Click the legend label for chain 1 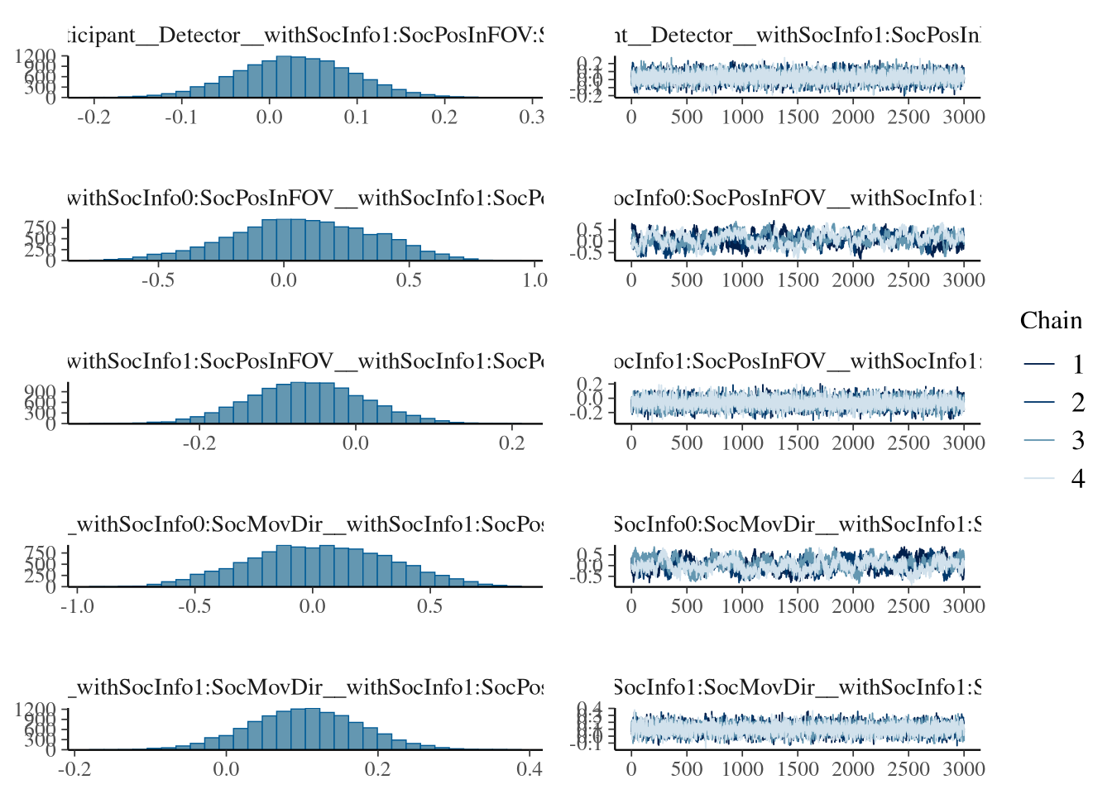tap(1077, 365)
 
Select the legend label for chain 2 tap(1077, 403)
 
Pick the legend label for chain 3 tap(1077, 441)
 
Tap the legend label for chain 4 tap(1077, 479)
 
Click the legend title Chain tap(1051, 321)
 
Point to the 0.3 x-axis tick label tap(531, 117)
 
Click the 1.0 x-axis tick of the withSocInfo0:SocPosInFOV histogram tap(534, 280)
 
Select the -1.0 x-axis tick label tap(78, 605)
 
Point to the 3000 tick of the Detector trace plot tap(964, 117)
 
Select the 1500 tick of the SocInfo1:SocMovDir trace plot tap(798, 768)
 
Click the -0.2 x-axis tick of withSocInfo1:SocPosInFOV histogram tap(199, 442)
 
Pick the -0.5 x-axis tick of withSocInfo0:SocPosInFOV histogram tap(158, 280)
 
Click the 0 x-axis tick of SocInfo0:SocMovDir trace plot tap(631, 605)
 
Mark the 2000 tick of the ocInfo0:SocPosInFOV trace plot tap(853, 280)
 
